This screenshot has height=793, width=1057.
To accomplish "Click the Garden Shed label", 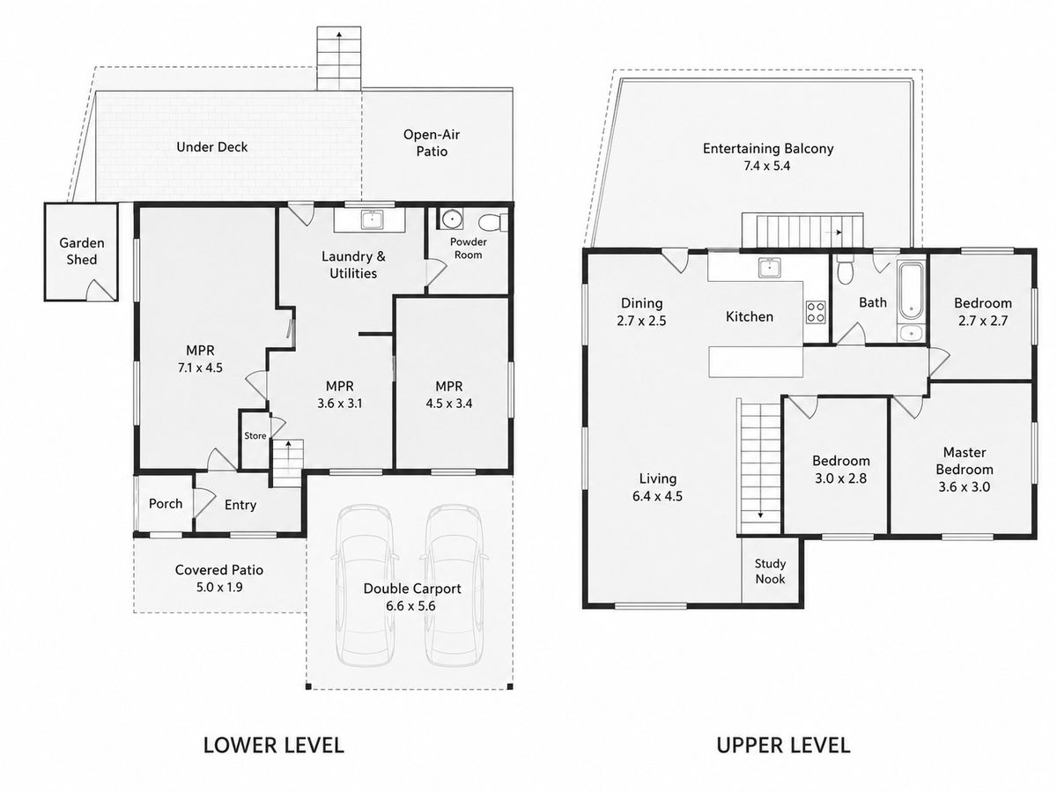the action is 81,251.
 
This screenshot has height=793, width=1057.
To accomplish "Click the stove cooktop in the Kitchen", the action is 816,312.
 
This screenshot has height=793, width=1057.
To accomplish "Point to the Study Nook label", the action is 770,571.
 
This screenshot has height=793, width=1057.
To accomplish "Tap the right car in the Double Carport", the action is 454,585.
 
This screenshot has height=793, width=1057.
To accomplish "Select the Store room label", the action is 255,436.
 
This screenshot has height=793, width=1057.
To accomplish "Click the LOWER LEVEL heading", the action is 274,745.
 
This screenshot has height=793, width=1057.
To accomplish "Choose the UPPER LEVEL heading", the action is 783,745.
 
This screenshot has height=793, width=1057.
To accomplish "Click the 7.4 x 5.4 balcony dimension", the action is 767,167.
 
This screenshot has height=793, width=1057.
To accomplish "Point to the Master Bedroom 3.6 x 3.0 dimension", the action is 964,486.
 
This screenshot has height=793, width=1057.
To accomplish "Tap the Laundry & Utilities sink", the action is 373,219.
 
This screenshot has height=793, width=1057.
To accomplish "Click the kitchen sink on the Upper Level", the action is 770,268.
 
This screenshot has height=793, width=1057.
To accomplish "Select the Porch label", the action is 166,504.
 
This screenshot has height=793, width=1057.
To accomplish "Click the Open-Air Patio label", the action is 432,143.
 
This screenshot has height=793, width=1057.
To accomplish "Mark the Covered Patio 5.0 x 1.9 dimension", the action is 219,588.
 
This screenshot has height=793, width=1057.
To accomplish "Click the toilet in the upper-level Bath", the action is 845,271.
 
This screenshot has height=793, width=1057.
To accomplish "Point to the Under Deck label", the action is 212,147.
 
